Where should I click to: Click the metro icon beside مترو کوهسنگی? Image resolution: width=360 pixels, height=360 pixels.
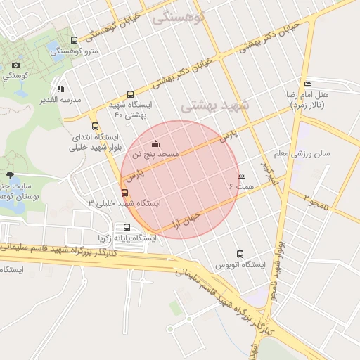tap(75, 41)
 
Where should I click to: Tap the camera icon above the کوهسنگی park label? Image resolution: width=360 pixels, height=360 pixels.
tap(15, 65)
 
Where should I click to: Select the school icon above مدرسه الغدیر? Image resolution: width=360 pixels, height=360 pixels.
tap(61, 89)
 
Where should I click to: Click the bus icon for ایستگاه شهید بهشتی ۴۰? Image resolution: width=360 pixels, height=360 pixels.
tap(130, 94)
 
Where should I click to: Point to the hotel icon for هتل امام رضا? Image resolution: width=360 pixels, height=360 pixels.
tap(307, 84)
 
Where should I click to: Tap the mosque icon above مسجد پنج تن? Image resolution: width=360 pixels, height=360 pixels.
tap(155, 143)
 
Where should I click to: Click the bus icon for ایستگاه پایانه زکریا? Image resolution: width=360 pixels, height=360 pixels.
tap(127, 227)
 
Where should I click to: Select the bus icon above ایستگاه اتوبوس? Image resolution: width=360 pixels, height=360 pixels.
tap(240, 254)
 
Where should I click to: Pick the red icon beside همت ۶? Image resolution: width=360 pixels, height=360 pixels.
tap(241, 176)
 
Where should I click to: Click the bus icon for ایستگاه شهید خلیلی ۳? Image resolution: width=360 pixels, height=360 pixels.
tap(125, 193)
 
